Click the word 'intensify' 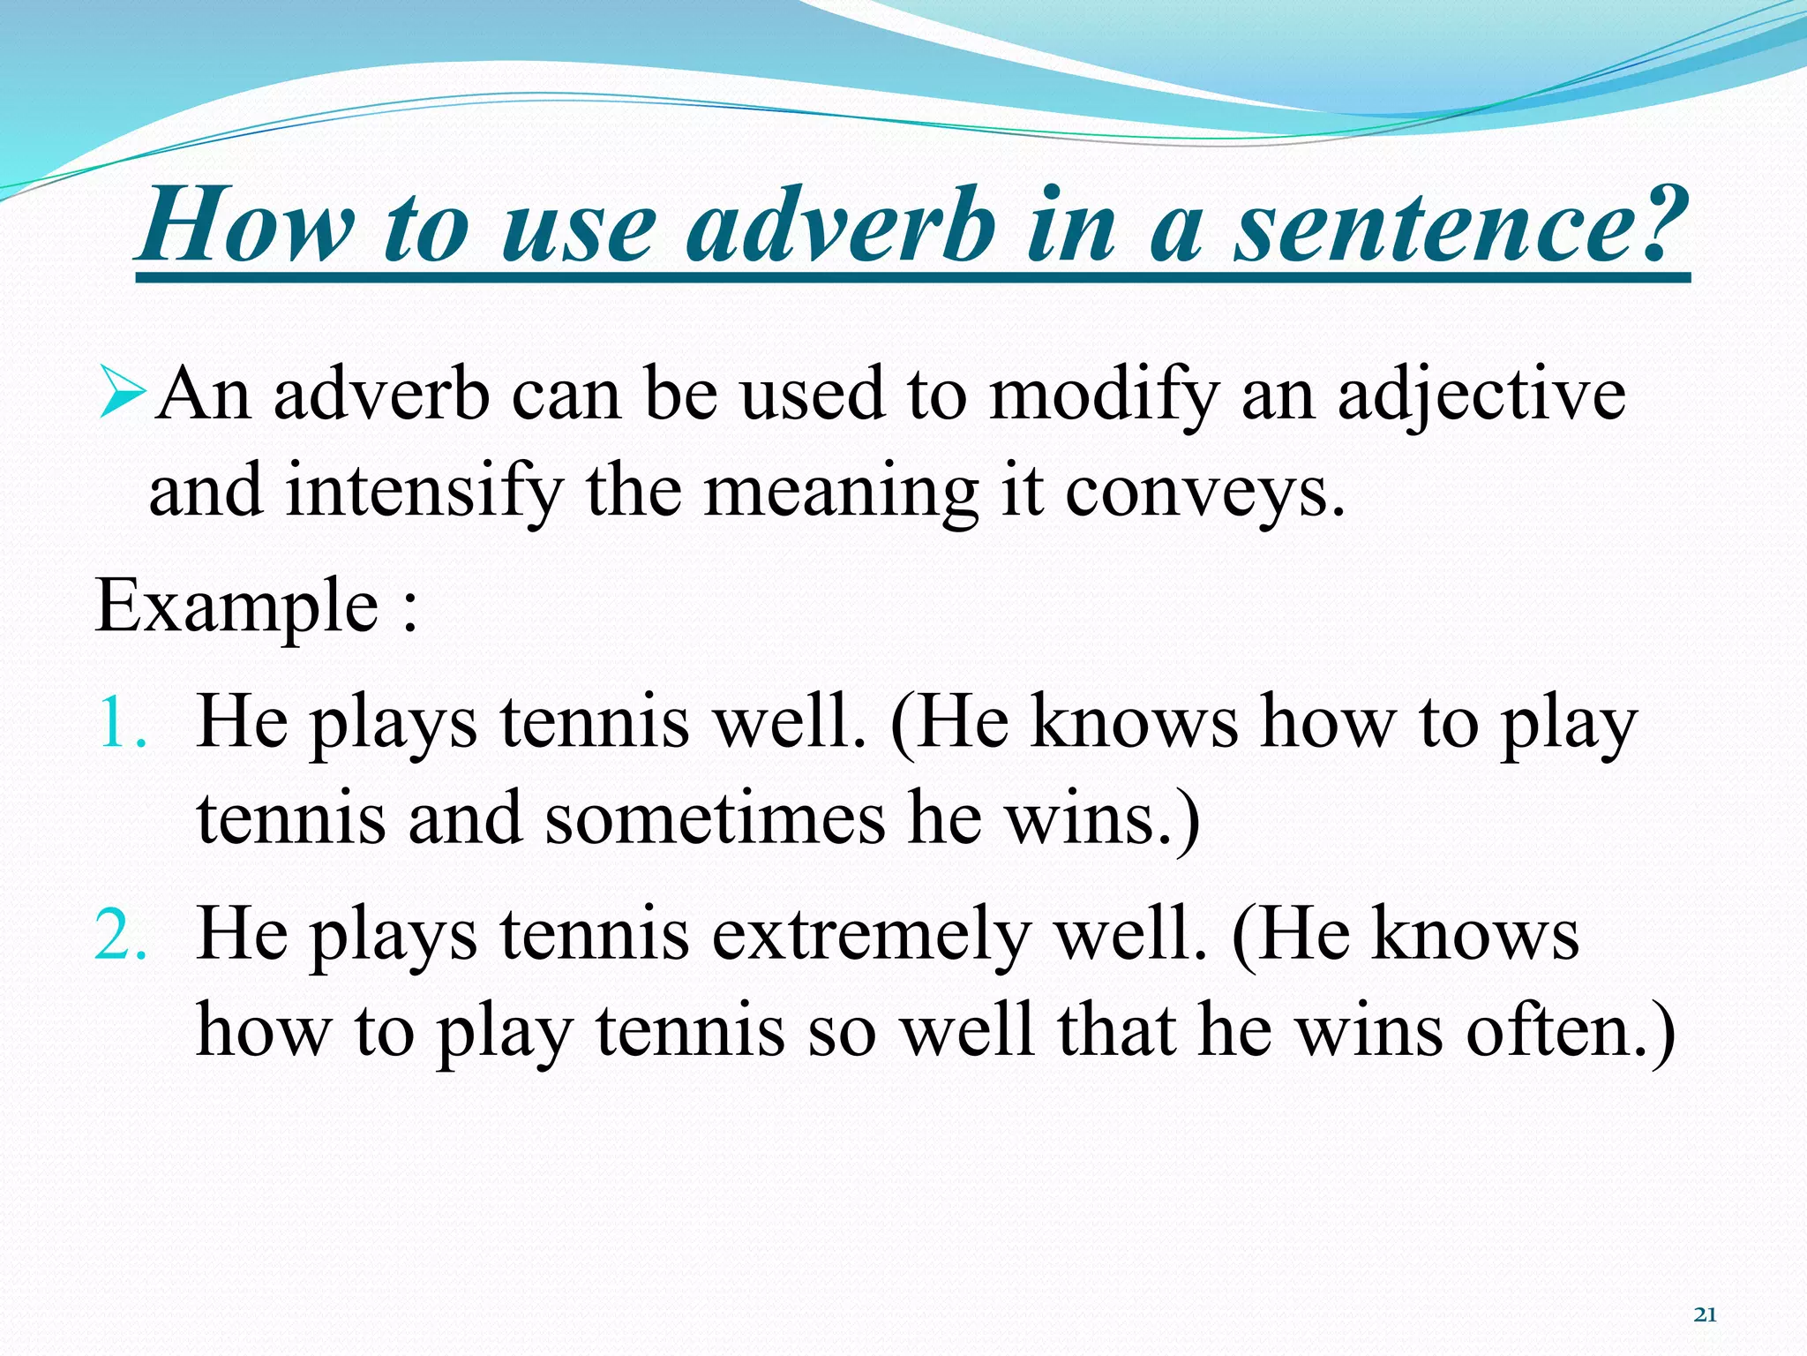(424, 493)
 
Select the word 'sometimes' (715, 819)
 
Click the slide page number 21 (1706, 1315)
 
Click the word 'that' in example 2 (1116, 1031)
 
